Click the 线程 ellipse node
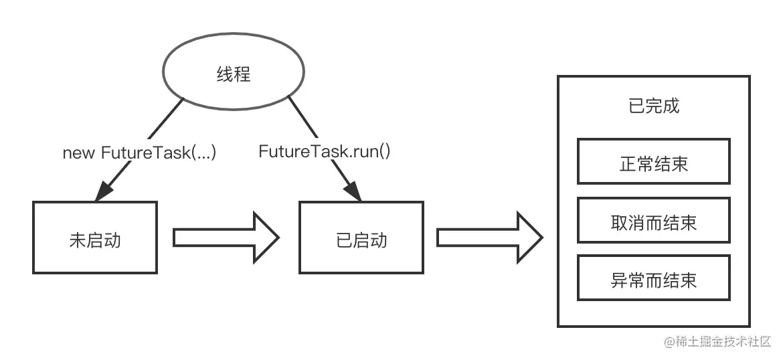click(233, 74)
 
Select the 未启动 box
click(94, 238)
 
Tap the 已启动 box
click(361, 238)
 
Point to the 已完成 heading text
click(654, 106)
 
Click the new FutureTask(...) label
click(139, 153)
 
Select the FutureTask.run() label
click(325, 151)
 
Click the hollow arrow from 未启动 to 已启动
click(226, 238)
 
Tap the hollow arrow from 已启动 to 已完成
click(489, 238)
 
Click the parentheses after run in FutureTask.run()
click(384, 151)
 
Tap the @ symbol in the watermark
click(669, 342)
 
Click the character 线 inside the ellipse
click(224, 74)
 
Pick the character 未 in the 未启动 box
click(77, 240)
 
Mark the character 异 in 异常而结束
click(619, 280)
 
